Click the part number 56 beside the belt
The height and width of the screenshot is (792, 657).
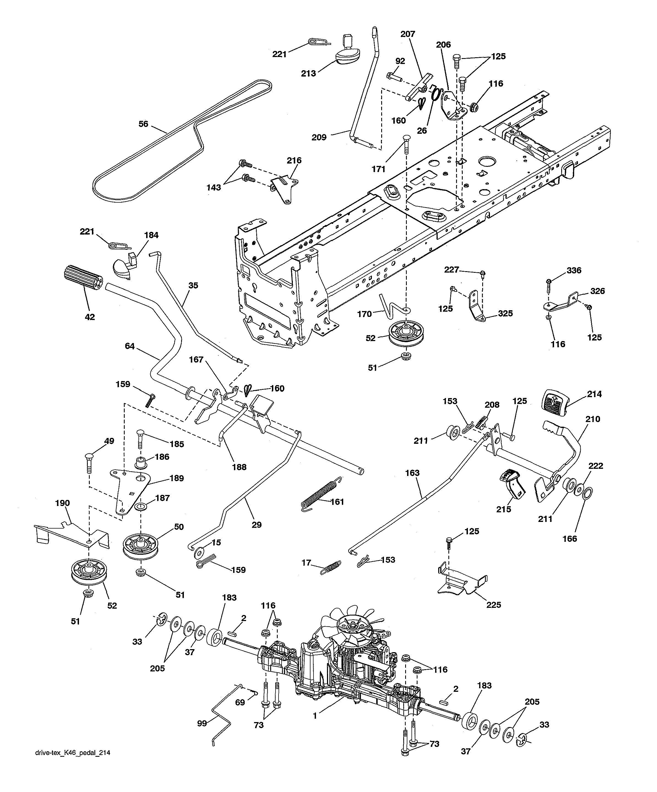click(143, 124)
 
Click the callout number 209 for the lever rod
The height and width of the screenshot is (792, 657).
click(319, 137)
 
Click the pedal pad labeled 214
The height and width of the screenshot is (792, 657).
click(554, 403)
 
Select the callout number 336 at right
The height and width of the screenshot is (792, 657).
click(574, 270)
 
